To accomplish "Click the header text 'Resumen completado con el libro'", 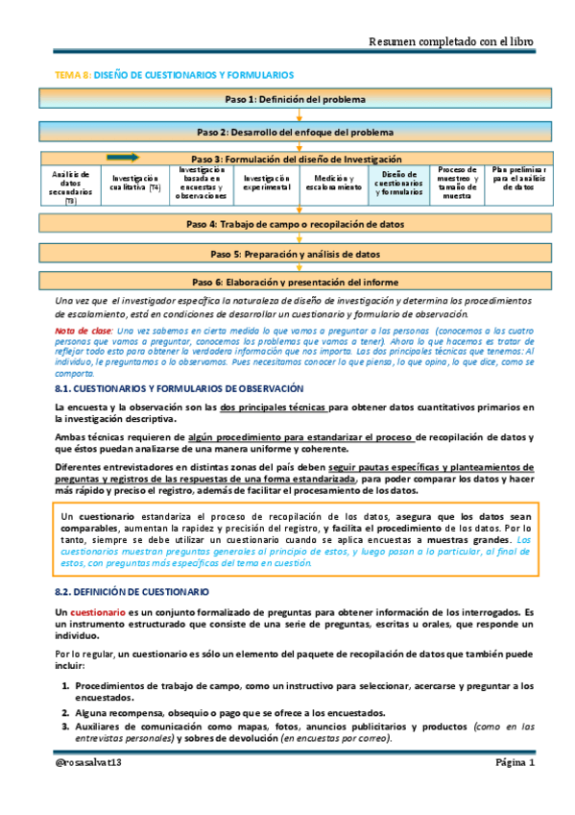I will (x=451, y=41).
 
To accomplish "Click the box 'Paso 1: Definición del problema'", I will (x=295, y=98).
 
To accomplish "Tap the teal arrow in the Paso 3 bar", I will (x=124, y=157).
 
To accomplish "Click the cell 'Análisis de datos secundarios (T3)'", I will (x=70, y=185).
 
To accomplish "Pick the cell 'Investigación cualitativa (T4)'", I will (x=135, y=183).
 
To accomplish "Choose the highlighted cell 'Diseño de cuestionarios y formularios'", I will (x=395, y=183).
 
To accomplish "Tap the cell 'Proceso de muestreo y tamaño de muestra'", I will (x=457, y=183).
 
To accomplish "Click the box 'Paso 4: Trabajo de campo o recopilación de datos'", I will (x=295, y=223).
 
